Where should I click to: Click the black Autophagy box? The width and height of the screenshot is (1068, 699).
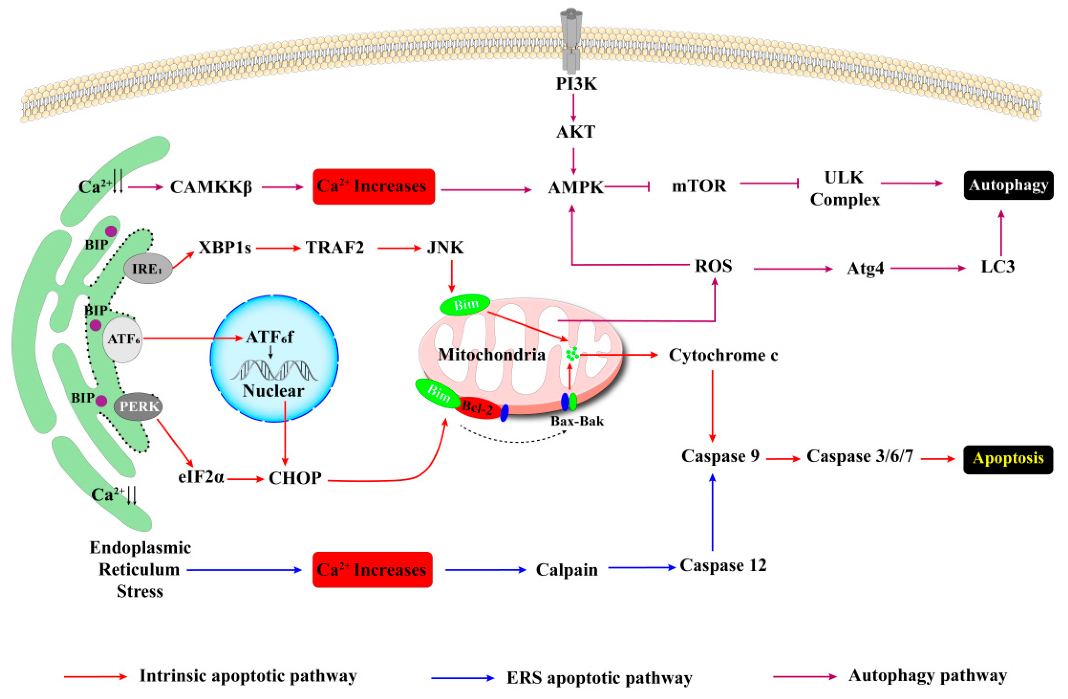(1008, 185)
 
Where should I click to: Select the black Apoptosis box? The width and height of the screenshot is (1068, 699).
(1008, 459)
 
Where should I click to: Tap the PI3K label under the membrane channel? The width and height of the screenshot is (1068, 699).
(576, 84)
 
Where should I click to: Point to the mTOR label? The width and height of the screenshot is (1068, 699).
(699, 185)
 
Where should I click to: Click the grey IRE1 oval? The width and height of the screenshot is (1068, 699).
(148, 268)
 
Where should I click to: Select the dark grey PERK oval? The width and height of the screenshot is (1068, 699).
(138, 406)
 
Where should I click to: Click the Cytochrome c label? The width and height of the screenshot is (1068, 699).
(723, 355)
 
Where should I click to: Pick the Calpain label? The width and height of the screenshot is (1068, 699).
(567, 570)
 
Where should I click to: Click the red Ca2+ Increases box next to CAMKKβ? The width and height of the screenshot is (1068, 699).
(373, 186)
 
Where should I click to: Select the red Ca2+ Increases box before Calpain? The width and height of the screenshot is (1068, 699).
(372, 569)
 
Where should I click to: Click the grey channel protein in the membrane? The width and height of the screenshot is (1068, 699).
(571, 40)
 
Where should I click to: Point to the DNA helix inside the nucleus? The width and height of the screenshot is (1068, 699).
(274, 370)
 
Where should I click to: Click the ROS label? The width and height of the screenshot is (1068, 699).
(713, 266)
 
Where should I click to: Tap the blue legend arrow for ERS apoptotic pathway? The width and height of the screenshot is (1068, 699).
(462, 678)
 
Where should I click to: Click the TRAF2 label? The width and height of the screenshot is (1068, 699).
(335, 247)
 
